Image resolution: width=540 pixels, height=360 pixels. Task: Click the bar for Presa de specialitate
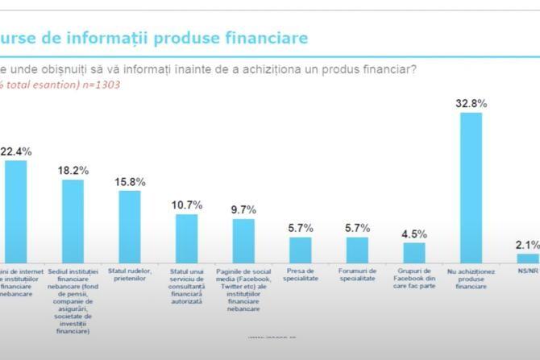tap(301, 250)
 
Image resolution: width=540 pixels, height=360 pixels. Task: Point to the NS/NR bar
tap(528, 259)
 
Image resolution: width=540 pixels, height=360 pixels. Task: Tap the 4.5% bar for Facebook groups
tap(414, 253)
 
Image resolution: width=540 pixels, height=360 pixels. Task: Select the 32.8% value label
tap(471, 103)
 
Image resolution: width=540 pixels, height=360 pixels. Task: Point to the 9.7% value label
tap(243, 209)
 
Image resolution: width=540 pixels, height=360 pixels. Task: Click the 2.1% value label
tap(528, 245)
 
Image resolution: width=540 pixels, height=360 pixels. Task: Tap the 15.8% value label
tap(130, 181)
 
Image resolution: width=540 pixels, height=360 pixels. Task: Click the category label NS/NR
tap(528, 271)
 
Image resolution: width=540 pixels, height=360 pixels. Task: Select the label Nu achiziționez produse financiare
tap(471, 279)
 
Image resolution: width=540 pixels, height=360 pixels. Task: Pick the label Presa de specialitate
tap(301, 275)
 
